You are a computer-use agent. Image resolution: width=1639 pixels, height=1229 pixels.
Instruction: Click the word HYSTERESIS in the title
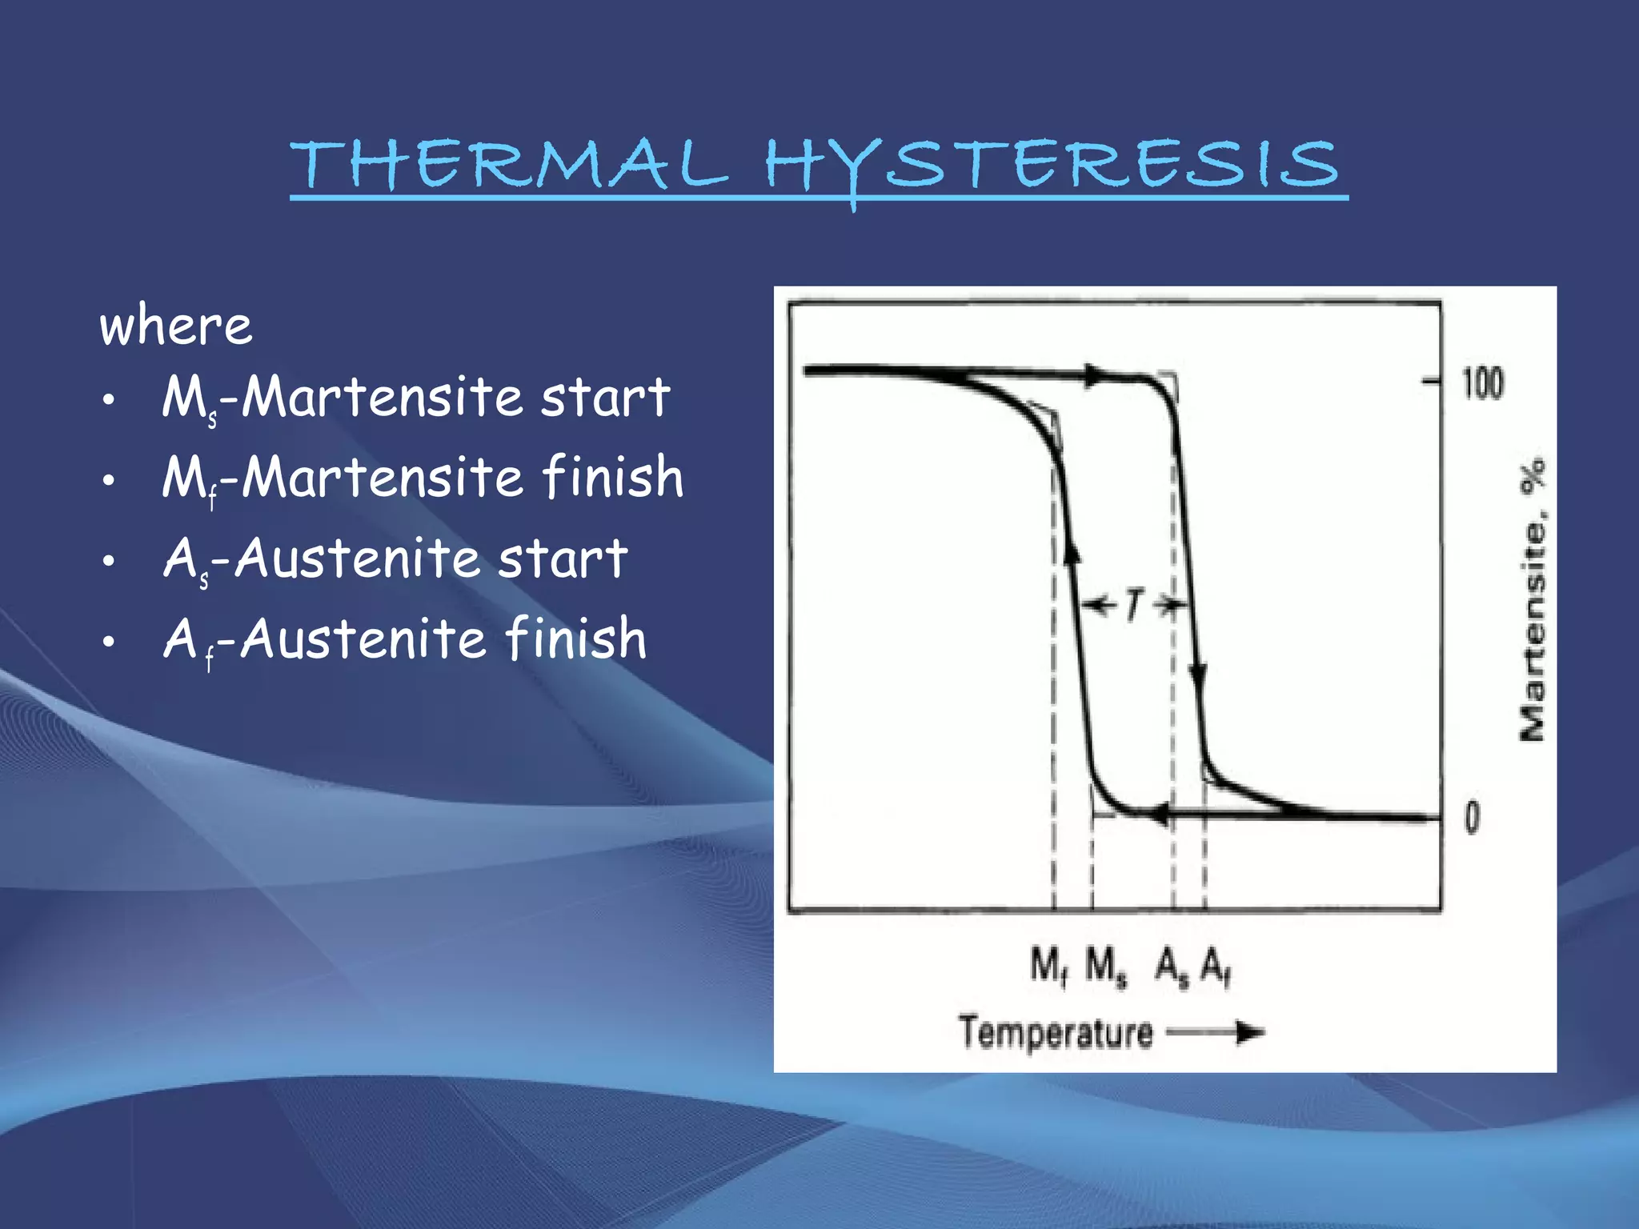click(1051, 166)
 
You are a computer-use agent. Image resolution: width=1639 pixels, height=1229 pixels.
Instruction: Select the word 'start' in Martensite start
click(605, 397)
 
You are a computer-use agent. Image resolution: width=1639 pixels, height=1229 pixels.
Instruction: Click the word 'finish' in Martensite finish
click(612, 477)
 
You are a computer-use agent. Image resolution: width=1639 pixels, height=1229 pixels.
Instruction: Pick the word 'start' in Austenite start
click(563, 558)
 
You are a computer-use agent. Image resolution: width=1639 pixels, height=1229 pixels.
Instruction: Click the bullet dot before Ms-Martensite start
click(110, 398)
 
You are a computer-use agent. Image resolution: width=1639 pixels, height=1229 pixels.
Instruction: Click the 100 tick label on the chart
click(1483, 383)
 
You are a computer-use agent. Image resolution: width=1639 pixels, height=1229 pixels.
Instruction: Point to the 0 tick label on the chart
click(1473, 818)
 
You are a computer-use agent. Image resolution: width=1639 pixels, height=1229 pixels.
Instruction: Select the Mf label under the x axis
click(1048, 967)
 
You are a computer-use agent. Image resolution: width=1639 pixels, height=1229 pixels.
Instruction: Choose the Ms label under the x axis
click(1106, 967)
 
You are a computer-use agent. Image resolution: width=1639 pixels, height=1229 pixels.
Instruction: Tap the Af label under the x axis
click(1216, 967)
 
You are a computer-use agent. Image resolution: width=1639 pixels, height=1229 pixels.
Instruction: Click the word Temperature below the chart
click(1056, 1032)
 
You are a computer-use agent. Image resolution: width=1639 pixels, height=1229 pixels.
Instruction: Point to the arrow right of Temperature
click(1216, 1033)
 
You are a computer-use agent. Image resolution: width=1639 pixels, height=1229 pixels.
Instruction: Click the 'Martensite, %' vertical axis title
click(1533, 600)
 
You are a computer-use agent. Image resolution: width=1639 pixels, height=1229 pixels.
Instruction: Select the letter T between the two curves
click(1133, 605)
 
